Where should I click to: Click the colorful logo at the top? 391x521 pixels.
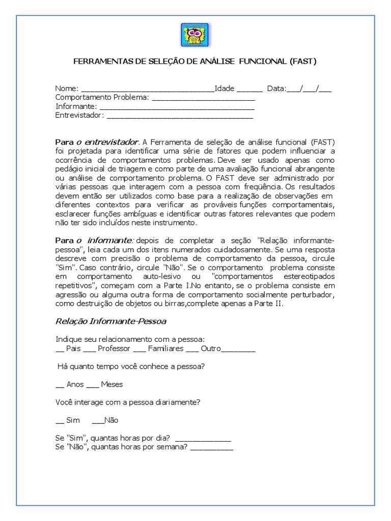coord(195,35)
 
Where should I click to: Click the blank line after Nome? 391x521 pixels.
coord(148,90)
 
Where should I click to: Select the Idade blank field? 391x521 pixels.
coord(249,90)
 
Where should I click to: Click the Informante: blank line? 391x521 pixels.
coord(177,107)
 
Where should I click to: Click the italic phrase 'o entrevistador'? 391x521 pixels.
coord(107,141)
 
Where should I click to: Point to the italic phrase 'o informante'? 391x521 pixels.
coord(105,240)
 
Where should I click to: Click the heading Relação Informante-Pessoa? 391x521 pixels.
coord(110,322)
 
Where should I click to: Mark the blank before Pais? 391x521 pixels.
coord(60,351)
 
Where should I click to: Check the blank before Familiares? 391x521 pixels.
coord(140,351)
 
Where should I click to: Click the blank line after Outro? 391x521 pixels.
coord(239,351)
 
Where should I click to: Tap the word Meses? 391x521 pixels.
coord(111,385)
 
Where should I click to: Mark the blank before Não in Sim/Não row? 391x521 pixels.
coord(98,421)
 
